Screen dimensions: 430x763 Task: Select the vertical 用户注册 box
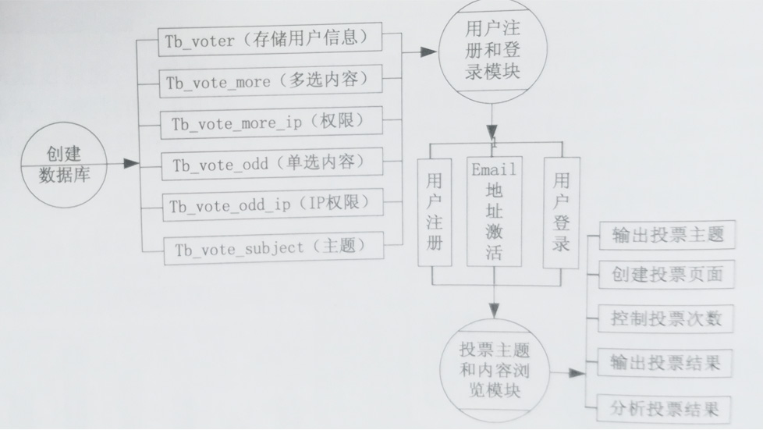pos(435,211)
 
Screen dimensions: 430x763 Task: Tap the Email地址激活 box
pos(494,211)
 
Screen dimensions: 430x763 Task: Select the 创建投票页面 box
pos(668,274)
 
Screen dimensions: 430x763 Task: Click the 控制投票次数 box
pos(668,318)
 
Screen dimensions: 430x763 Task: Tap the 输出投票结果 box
pos(668,363)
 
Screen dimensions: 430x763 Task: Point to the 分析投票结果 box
pos(668,407)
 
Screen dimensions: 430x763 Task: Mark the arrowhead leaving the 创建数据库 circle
pos(131,164)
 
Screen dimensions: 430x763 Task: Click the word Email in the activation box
pos(494,169)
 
